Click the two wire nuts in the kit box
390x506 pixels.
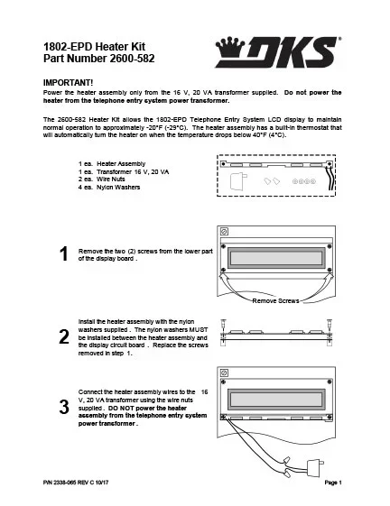[x=271, y=180]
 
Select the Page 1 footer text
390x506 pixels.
[x=336, y=486]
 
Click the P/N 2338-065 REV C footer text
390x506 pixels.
[x=80, y=486]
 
